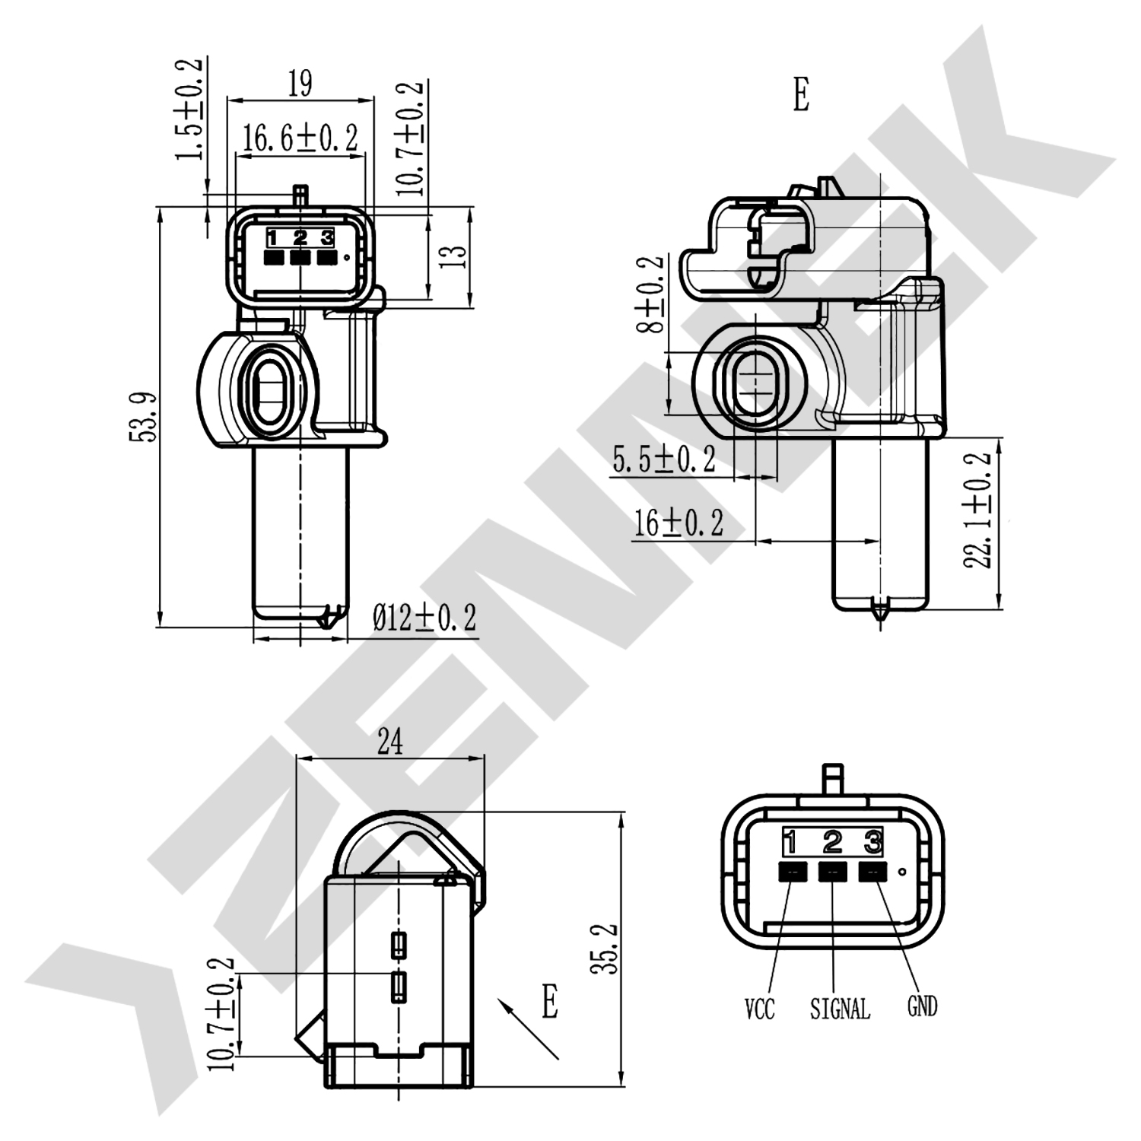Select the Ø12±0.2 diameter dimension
point(424,618)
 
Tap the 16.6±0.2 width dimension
point(300,138)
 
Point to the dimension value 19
point(300,84)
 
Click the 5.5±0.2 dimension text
point(664,459)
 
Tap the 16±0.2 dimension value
point(679,523)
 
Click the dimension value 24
point(389,741)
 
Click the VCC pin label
point(759,1009)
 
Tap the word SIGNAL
point(840,1009)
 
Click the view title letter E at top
point(801,96)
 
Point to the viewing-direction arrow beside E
point(527,1028)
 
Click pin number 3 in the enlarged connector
point(872,842)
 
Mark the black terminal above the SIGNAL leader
point(832,872)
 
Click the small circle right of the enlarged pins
point(902,872)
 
